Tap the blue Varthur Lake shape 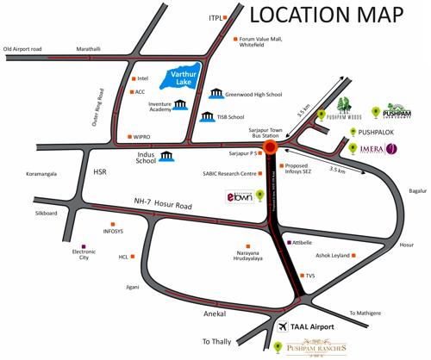coord(183,78)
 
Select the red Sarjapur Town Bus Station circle coord(271,146)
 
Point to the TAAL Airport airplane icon coord(286,327)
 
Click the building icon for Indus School coord(165,157)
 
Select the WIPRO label coord(142,136)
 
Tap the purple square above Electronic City coord(83,245)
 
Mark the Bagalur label coord(417,189)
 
